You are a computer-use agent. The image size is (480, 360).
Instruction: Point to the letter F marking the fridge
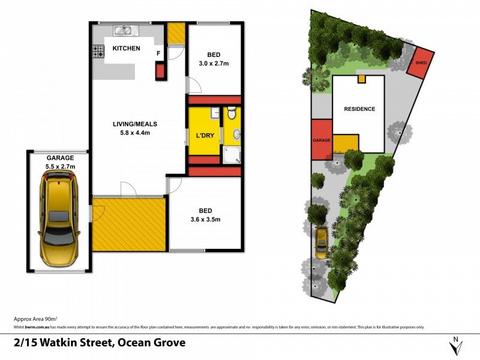coord(158,53)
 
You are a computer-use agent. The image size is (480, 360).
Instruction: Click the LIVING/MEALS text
coord(135,128)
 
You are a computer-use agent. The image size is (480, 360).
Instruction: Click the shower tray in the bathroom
coord(232,155)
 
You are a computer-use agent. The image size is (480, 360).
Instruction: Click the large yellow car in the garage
coord(58,220)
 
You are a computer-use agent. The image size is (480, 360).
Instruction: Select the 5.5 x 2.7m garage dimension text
coord(59,167)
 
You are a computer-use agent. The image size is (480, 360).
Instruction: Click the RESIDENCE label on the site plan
coord(359,109)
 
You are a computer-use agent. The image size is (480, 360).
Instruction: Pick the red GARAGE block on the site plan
coord(321,139)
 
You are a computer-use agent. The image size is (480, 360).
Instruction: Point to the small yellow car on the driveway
coord(322,242)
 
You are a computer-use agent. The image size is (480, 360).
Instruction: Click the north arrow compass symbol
coord(456,346)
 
